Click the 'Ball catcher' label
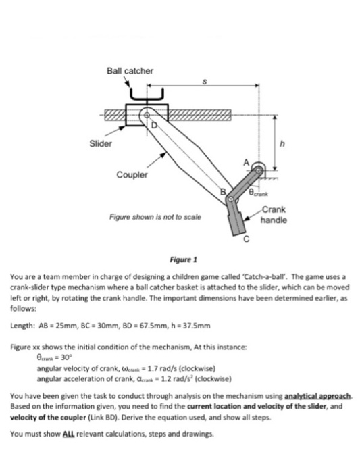pos(130,70)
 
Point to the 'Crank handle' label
pos(274,215)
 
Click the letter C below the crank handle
pos(247,241)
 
